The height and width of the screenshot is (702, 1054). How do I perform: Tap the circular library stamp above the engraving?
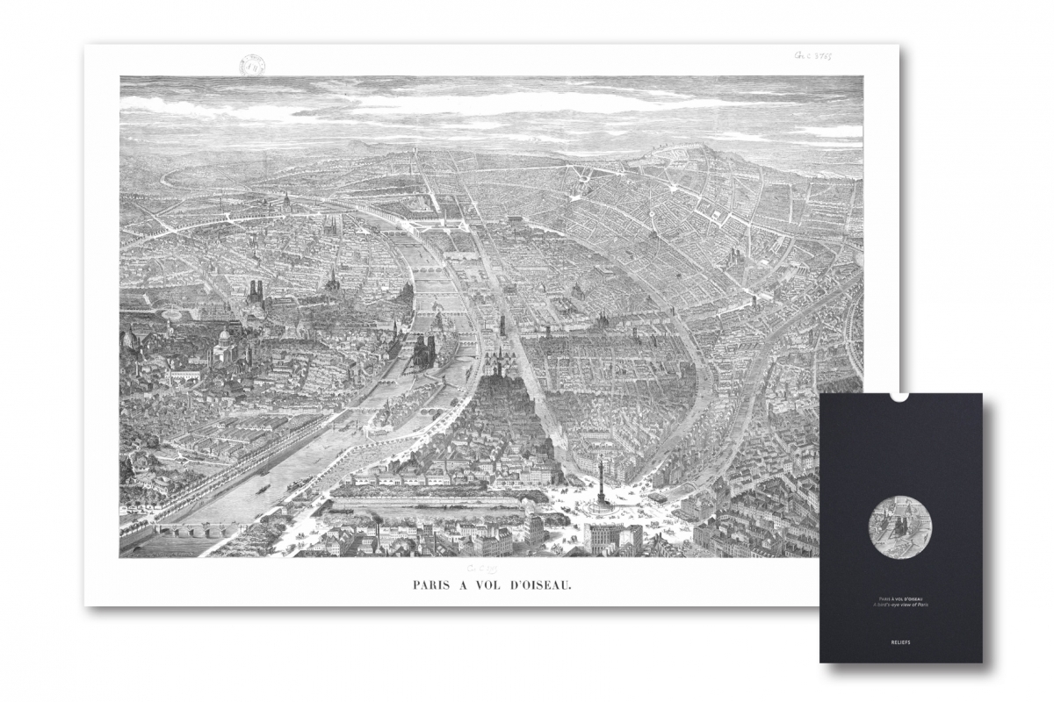click(x=254, y=65)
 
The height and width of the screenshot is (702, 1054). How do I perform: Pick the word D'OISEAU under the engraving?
click(x=545, y=583)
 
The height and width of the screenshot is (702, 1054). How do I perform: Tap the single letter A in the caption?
click(x=470, y=583)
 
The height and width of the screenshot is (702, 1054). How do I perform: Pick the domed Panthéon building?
click(x=225, y=346)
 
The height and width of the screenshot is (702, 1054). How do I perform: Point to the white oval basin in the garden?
click(x=170, y=313)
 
